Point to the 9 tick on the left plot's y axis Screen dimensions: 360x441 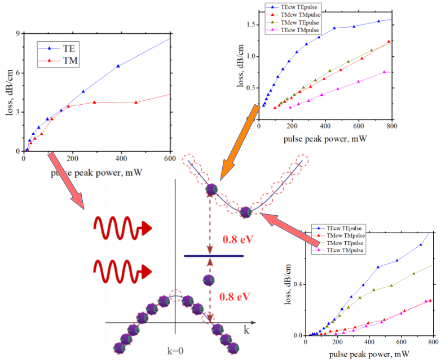click(17, 34)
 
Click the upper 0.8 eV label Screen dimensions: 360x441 click(236, 239)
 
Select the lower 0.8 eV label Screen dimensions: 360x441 click(236, 297)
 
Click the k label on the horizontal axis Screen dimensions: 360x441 click(246, 328)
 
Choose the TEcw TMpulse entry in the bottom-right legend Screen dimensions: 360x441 click(342, 250)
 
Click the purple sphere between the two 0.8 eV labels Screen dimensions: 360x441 click(208, 280)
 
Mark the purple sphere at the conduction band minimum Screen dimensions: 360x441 click(245, 212)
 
